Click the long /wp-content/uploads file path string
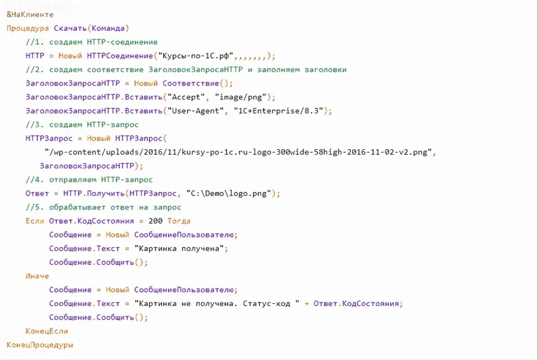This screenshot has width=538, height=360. click(x=239, y=152)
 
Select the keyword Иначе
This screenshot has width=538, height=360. click(x=37, y=276)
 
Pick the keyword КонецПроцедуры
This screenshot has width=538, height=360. click(x=40, y=345)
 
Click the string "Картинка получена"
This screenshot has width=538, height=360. click(x=179, y=248)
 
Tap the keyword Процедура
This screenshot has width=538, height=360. click(x=28, y=29)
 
